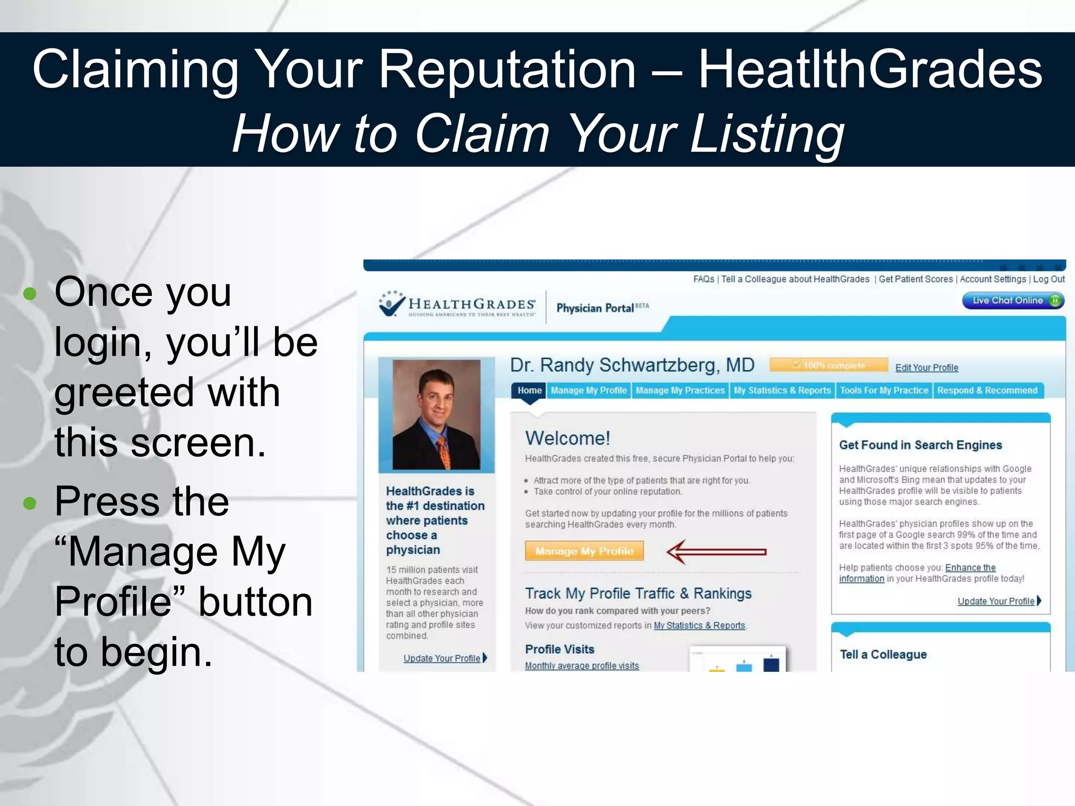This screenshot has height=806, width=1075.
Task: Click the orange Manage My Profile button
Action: (x=584, y=551)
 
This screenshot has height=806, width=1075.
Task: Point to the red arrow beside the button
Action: (x=716, y=552)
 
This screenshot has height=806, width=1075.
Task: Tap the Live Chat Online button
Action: (x=1013, y=301)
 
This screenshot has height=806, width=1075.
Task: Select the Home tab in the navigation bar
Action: (x=529, y=390)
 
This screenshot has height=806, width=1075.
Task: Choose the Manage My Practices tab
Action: (x=680, y=390)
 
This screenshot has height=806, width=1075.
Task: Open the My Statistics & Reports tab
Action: (x=782, y=390)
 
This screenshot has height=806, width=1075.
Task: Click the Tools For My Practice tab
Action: (x=883, y=390)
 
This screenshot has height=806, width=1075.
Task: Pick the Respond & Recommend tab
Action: (x=987, y=390)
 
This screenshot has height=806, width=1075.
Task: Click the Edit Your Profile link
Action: (x=926, y=368)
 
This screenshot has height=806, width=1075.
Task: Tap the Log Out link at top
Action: (x=1048, y=279)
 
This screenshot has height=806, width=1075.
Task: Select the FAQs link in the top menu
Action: (x=703, y=279)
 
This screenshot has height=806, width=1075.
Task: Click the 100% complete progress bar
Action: (x=828, y=365)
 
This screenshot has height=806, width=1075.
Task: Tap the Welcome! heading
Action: (x=567, y=438)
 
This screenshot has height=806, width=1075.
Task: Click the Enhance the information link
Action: (x=970, y=568)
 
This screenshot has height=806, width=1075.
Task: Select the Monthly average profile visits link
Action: (x=582, y=666)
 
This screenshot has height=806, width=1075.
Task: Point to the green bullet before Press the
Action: (x=30, y=503)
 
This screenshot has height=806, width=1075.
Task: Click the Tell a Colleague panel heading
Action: (x=883, y=654)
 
